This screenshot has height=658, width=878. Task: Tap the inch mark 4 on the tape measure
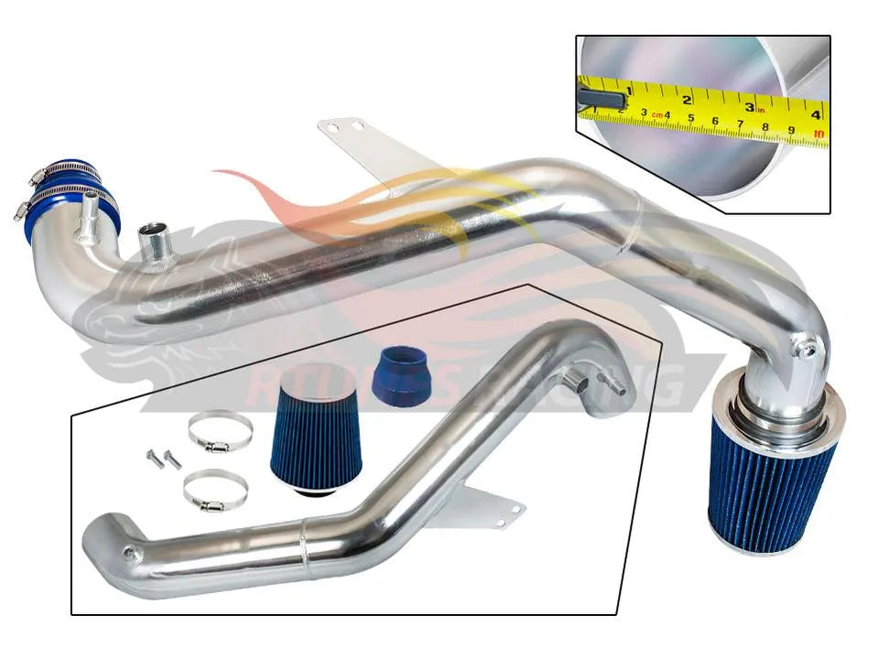coord(815,106)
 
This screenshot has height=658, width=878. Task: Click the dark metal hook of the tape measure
coord(604,95)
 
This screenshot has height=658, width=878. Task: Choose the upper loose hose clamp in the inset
coord(221,430)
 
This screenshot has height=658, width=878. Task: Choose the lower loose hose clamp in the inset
coord(215,491)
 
